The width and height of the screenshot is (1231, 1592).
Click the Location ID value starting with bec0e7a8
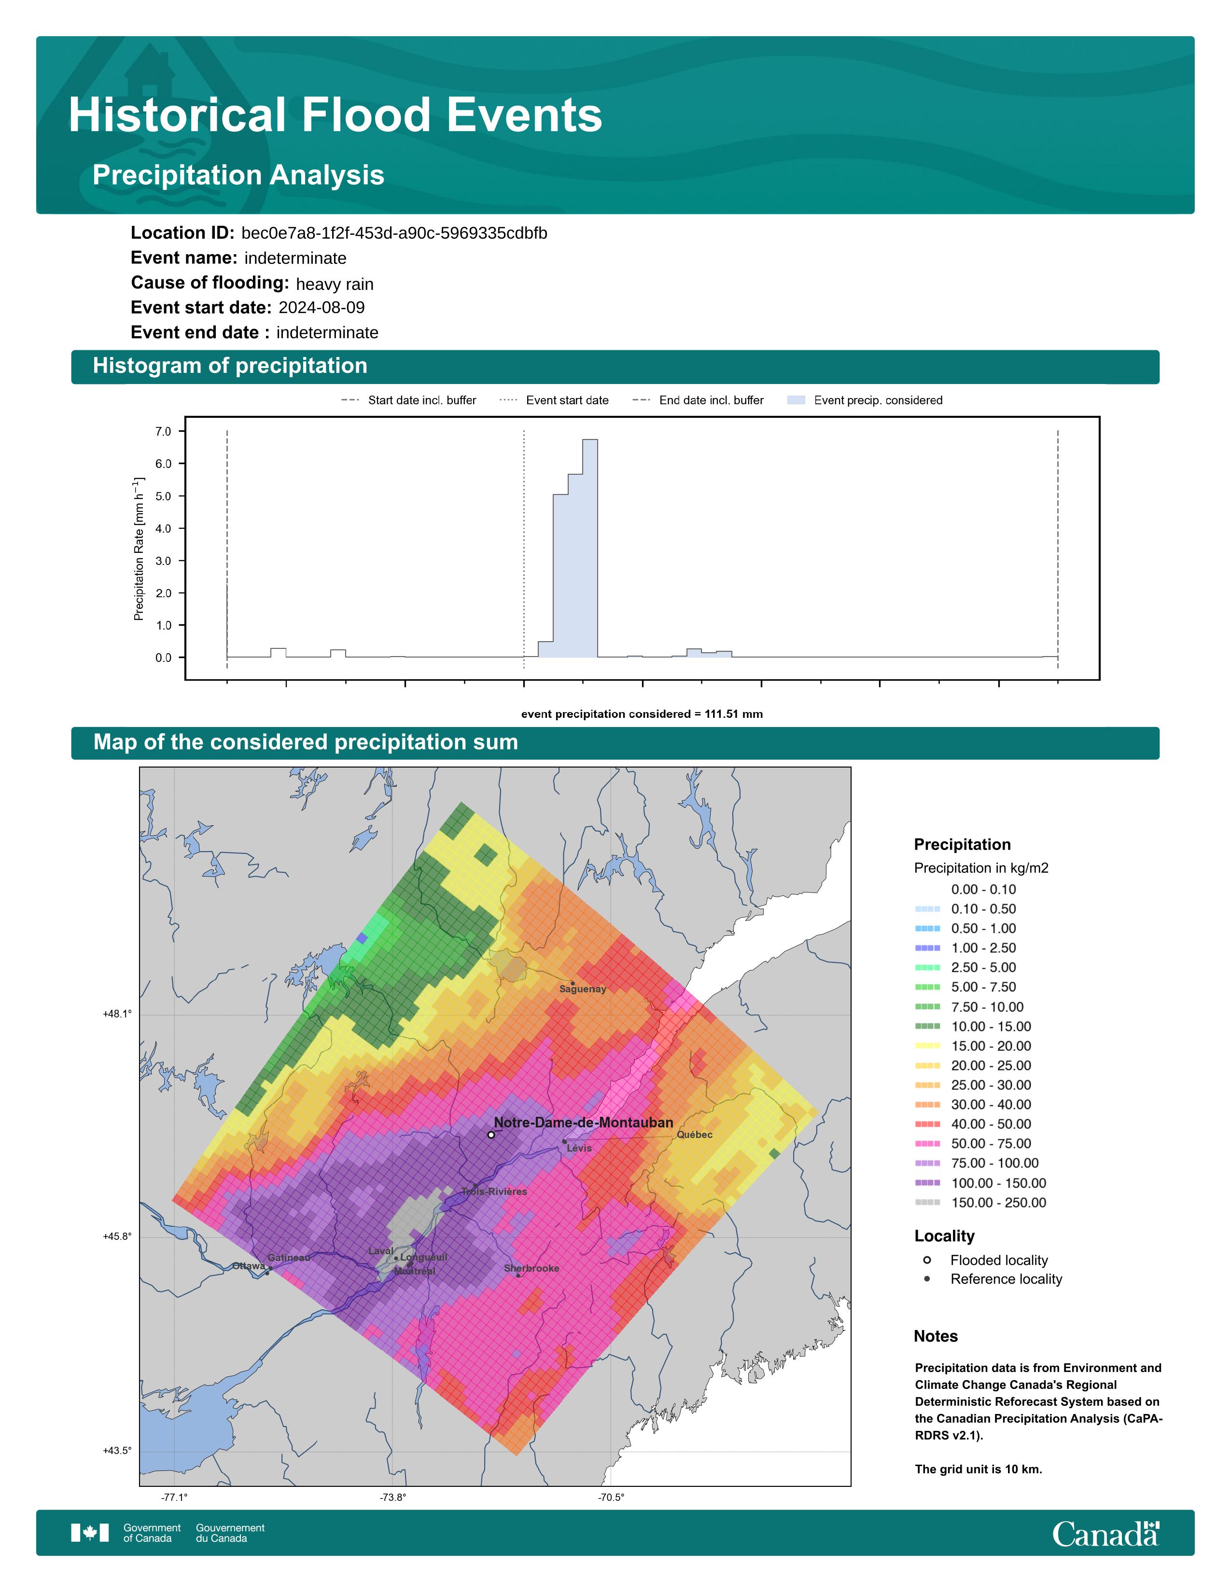point(394,233)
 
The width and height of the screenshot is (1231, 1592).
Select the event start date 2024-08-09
point(322,308)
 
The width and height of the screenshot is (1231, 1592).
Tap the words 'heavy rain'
point(335,284)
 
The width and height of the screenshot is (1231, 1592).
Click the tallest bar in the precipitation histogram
point(590,548)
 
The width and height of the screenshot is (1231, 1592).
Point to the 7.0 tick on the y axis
point(163,432)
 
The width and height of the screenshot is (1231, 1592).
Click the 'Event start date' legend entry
point(554,400)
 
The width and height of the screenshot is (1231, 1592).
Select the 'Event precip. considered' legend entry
point(865,400)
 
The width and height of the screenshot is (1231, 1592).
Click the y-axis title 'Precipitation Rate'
point(139,549)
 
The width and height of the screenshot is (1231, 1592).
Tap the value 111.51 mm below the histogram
point(734,714)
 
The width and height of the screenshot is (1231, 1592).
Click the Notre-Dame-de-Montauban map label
point(584,1123)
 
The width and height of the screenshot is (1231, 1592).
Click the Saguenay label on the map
point(583,989)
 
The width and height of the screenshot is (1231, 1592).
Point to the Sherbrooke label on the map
point(532,1268)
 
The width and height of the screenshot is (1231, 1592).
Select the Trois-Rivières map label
point(494,1192)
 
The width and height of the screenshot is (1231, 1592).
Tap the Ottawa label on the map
point(249,1266)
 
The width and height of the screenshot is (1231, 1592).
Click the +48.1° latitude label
point(117,1014)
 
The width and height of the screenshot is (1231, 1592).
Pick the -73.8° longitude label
point(393,1497)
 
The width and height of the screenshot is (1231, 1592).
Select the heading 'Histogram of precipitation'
point(230,366)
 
